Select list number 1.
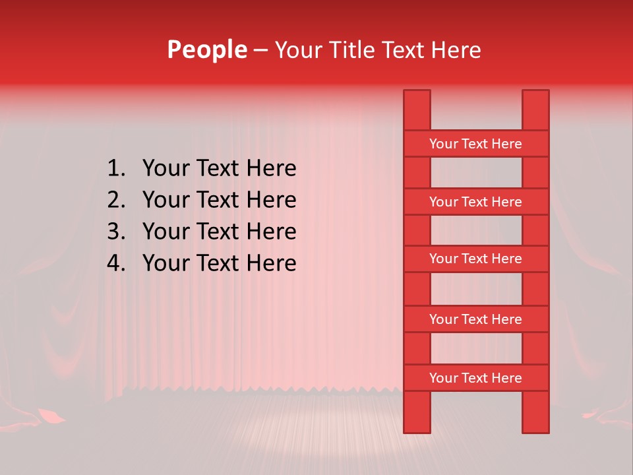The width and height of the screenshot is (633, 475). (x=116, y=169)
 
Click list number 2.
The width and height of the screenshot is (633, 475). (x=116, y=200)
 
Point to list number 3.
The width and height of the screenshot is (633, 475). (x=116, y=232)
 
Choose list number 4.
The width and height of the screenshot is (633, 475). (x=116, y=263)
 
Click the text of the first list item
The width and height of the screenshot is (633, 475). (x=219, y=169)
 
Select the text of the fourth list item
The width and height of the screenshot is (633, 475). (x=219, y=263)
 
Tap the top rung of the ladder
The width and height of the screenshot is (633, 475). (x=475, y=144)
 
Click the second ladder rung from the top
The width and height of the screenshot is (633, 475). (x=475, y=202)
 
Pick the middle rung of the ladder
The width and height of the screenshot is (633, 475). (x=475, y=259)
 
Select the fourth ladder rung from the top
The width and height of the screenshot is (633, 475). (x=475, y=319)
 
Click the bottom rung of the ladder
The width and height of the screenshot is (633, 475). (x=475, y=378)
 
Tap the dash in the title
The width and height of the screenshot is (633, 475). (x=260, y=51)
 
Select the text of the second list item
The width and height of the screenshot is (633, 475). (x=219, y=200)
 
